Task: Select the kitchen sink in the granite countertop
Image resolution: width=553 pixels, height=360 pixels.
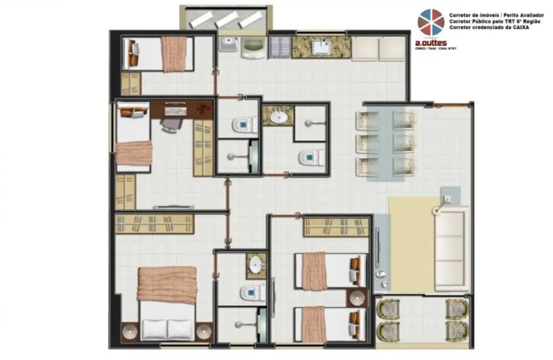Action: pos(322,47)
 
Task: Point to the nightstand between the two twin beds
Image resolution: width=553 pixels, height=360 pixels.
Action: pos(357,298)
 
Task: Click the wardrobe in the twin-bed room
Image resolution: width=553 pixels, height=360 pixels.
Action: pos(336,227)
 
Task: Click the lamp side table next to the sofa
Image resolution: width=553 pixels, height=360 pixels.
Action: pos(448,197)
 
